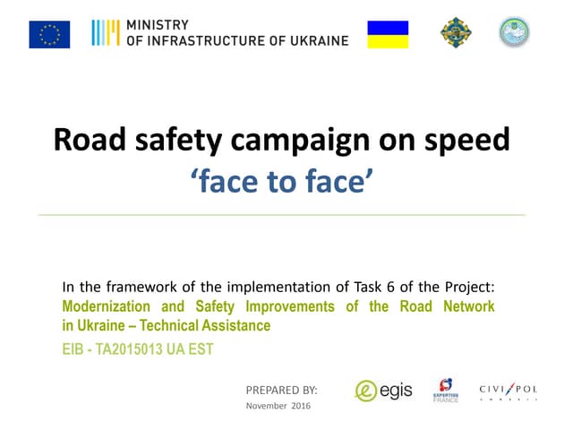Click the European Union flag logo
click(49, 34)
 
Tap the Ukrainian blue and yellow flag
click(388, 34)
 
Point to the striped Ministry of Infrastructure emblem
click(106, 33)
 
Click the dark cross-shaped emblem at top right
click(455, 33)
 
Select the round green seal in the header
click(515, 33)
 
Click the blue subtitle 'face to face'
click(281, 180)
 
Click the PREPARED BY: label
click(281, 390)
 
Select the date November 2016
click(278, 407)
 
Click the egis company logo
click(383, 391)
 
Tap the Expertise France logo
click(446, 391)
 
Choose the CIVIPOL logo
click(509, 391)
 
